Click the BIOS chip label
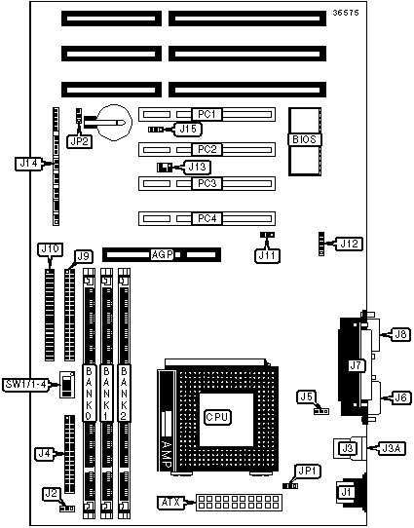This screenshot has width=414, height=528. point(304,139)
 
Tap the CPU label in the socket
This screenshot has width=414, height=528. point(217,417)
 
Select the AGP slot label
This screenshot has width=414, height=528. point(163,255)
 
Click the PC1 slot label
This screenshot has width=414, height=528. point(207,114)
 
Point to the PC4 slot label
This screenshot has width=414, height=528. point(207,218)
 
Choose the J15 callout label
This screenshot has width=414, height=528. point(188,130)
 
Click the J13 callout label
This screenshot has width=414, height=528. point(197,167)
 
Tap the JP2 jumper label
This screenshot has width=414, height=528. point(79,141)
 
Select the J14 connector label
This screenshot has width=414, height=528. point(29,164)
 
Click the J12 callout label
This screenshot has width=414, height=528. point(349,244)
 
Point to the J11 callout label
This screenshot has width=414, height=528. point(267,255)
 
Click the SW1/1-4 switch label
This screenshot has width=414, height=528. point(25,384)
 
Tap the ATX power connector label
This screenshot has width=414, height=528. point(170,502)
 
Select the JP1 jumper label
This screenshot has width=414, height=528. point(308,471)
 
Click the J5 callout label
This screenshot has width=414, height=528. point(306,396)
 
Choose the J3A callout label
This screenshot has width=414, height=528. point(392,448)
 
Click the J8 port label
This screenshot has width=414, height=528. point(400,334)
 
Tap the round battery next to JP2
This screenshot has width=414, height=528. point(116,122)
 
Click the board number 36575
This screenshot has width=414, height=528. point(346,13)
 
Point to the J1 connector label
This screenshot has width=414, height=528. point(346,492)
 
